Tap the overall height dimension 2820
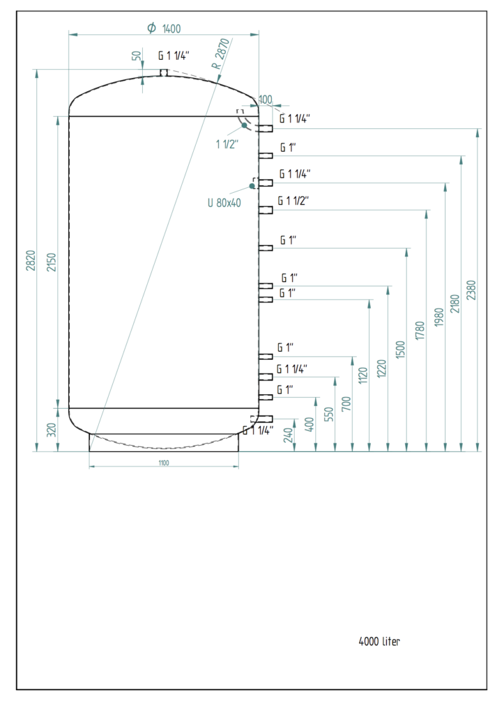click(29, 260)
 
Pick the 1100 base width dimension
click(164, 462)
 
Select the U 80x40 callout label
click(224, 203)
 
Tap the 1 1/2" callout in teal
click(227, 144)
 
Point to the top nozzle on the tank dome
click(164, 72)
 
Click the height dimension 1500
click(400, 349)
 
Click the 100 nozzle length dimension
click(266, 100)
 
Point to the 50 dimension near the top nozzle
click(137, 56)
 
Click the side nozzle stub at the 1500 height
click(266, 248)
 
